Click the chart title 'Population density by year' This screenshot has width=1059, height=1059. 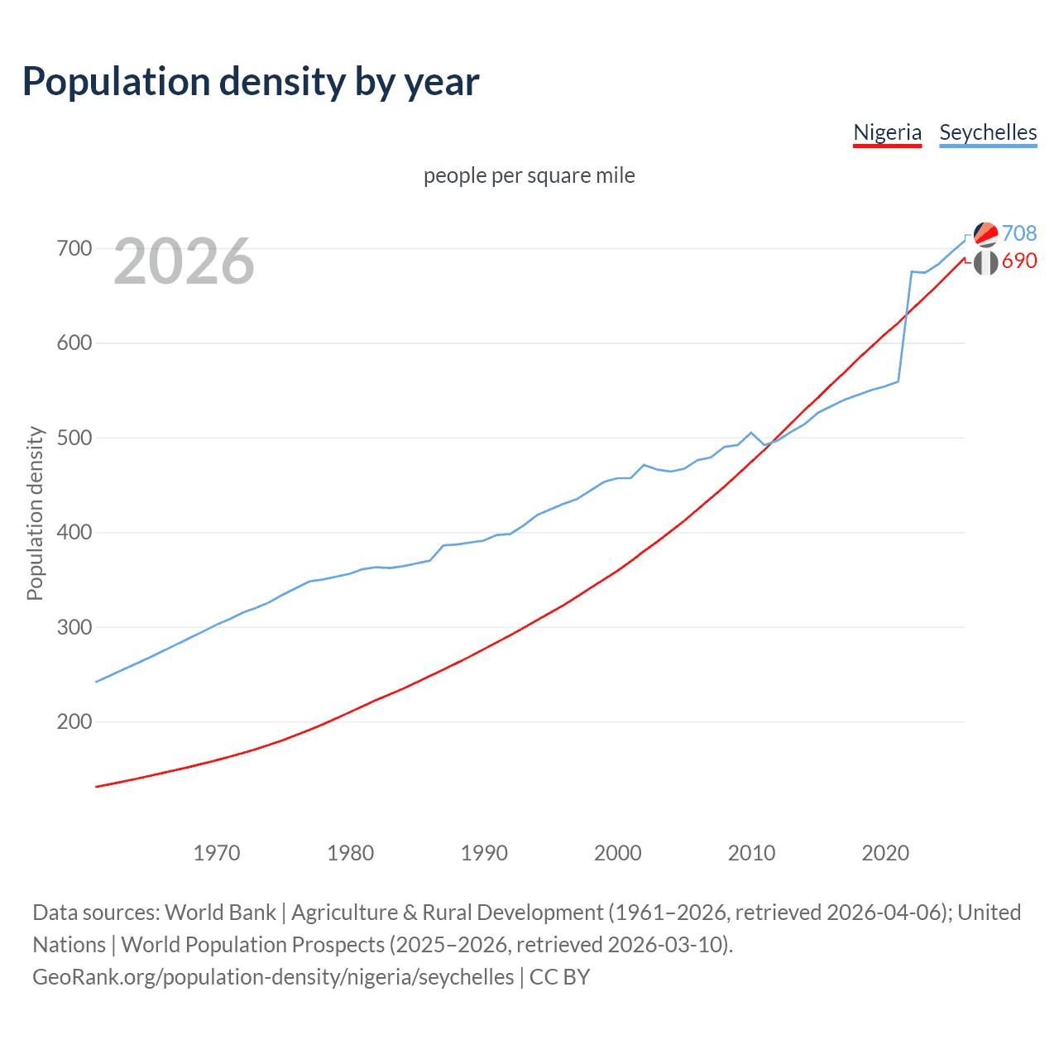(251, 82)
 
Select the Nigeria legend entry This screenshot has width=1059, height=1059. (887, 132)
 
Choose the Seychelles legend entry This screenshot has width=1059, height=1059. (988, 132)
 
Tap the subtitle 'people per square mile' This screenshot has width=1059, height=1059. (529, 175)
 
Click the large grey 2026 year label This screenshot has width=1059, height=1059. (184, 261)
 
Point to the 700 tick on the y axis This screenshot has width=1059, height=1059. (74, 248)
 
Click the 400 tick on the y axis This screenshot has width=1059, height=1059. (74, 532)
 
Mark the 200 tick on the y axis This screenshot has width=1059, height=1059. (74, 721)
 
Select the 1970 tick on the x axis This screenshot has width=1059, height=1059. (217, 852)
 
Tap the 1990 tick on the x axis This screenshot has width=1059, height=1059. (484, 852)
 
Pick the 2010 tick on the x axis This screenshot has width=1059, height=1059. (751, 852)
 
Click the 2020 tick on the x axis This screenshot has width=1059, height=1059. (885, 852)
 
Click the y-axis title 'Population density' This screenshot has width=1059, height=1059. (35, 513)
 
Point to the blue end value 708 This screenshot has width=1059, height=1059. (1019, 233)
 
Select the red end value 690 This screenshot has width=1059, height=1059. (1019, 261)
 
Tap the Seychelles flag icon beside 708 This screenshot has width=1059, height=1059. (985, 234)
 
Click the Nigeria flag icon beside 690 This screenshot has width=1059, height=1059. (985, 263)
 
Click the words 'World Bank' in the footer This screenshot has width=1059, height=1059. (220, 912)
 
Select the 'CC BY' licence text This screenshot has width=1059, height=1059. (559, 976)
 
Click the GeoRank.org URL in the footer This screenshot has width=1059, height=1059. (273, 976)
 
